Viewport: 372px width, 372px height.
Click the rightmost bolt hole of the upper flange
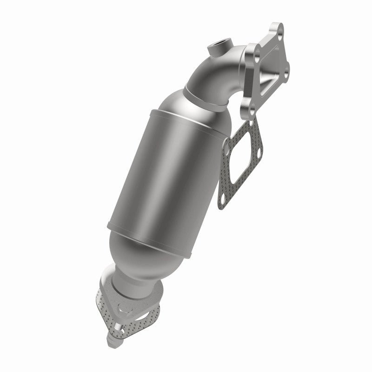tap(286, 71)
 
